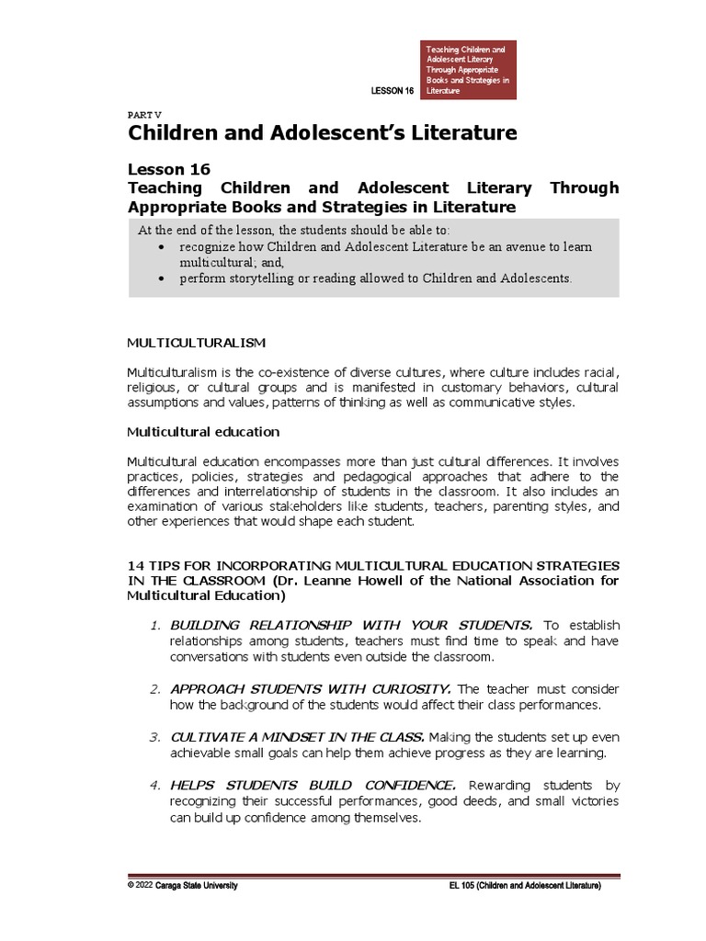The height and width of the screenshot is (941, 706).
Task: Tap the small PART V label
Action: pos(143,113)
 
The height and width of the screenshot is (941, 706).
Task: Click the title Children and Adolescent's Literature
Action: pos(322,134)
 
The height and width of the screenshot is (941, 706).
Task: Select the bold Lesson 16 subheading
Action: pos(169,169)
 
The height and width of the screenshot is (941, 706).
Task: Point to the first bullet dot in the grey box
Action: pos(162,248)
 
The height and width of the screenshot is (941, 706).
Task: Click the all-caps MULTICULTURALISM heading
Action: pos(196,343)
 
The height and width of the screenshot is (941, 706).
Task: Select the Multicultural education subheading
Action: pos(203,431)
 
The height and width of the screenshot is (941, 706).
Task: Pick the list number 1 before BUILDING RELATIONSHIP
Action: pos(155,626)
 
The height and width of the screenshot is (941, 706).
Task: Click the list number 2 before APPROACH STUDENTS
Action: pos(155,688)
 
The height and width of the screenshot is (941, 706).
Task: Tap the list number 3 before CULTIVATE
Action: pos(155,737)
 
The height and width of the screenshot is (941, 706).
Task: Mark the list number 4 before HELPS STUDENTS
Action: pos(155,785)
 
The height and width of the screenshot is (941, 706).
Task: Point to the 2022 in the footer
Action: pos(143,885)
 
